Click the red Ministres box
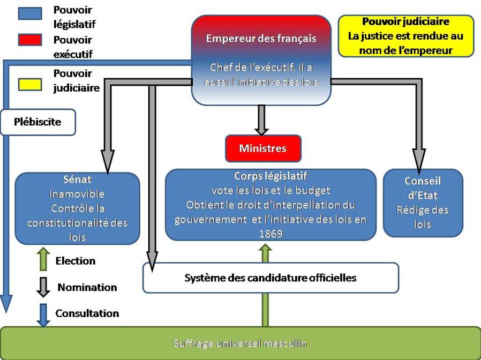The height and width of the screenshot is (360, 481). [263, 148]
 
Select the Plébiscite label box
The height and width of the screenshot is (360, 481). [37, 122]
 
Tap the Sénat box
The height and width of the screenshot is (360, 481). [77, 207]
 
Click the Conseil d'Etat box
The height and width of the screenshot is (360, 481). [422, 202]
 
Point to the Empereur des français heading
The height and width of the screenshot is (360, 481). [261, 39]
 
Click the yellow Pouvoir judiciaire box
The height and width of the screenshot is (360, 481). [405, 36]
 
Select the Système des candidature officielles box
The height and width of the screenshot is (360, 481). [270, 278]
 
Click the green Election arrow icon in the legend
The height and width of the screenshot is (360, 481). [44, 259]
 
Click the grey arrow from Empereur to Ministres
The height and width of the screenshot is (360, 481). [261, 118]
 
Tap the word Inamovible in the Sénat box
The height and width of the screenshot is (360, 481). [77, 193]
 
